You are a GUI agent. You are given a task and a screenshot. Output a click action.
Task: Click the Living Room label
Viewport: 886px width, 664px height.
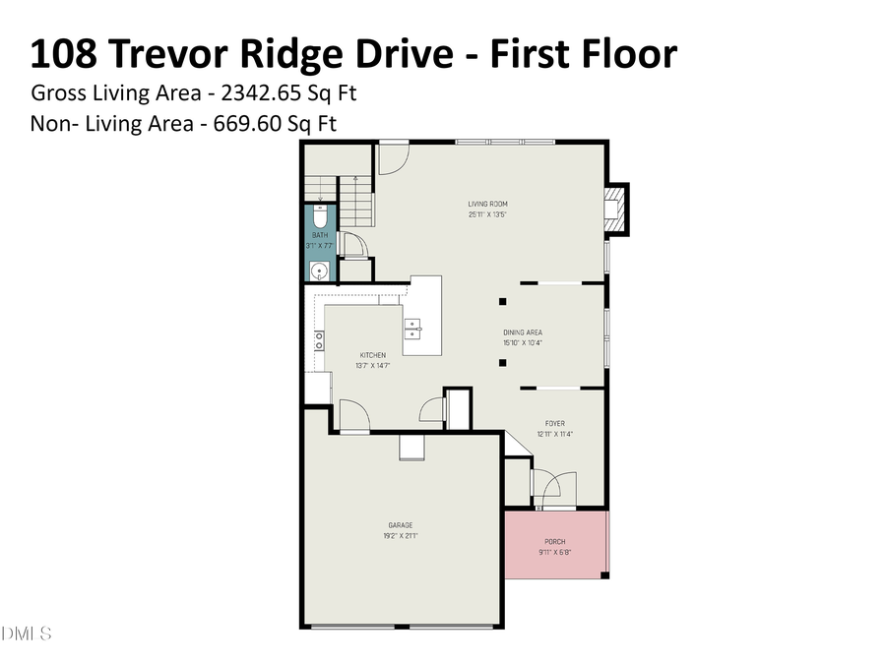point(487,204)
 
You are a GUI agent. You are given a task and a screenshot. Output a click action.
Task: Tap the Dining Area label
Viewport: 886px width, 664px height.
point(523,332)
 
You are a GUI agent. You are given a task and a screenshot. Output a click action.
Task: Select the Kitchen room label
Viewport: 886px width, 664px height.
point(372,355)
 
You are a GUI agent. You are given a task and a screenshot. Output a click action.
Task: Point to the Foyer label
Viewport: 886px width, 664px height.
point(555,423)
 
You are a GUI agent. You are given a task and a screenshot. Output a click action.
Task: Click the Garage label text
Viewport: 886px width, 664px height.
point(400,525)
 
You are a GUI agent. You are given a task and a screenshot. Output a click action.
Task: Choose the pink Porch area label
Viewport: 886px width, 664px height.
point(555,542)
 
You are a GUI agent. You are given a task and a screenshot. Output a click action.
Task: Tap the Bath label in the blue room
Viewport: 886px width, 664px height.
point(320,236)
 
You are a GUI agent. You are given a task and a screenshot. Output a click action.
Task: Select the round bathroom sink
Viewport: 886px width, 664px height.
point(318,271)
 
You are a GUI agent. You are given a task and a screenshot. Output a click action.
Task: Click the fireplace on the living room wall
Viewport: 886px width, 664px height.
point(614,209)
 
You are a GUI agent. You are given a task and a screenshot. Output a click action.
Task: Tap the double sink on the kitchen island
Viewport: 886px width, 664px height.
point(413,328)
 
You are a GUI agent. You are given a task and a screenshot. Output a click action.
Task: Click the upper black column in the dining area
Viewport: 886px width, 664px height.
point(503,301)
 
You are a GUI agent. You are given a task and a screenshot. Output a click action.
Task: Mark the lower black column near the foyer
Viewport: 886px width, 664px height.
point(503,363)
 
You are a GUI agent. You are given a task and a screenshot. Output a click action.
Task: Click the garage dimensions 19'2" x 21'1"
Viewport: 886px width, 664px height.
point(400,536)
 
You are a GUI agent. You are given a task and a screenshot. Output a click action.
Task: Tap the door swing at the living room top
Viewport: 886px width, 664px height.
point(393,158)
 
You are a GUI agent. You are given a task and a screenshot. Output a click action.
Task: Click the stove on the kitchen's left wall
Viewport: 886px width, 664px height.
point(319,340)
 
